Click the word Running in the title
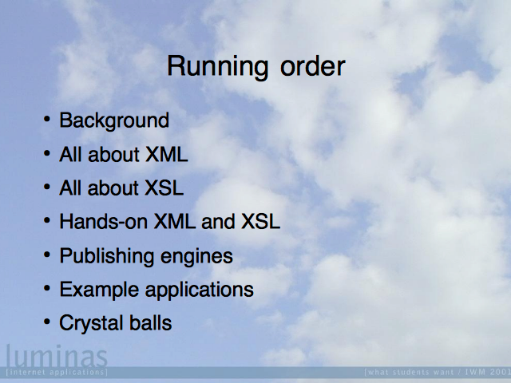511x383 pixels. (218, 68)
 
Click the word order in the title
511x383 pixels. (312, 66)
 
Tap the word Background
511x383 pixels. (114, 121)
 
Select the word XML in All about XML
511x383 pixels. (167, 154)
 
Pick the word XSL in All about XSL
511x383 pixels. (164, 188)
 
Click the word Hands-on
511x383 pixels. (103, 222)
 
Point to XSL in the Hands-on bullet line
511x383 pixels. (260, 222)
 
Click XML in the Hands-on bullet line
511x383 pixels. (174, 222)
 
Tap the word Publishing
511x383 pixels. (106, 257)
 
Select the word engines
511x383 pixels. (196, 257)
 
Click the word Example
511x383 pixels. (99, 290)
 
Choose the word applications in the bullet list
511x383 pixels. (199, 290)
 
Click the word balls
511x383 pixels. (151, 322)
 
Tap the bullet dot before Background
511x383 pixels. (47, 119)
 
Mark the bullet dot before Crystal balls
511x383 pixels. (47, 322)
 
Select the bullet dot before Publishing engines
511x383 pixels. (47, 255)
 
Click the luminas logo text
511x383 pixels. (57, 355)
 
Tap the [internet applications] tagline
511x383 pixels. (57, 372)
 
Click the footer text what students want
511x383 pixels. (409, 372)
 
